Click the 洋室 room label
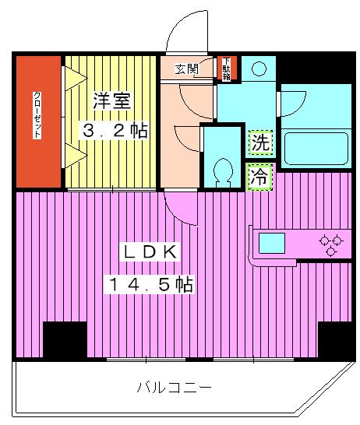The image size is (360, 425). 111,100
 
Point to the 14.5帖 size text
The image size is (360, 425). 150,285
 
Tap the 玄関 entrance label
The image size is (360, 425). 186,68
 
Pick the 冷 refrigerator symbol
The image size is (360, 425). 260,177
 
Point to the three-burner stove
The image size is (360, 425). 331,244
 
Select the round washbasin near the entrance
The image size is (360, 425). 259,68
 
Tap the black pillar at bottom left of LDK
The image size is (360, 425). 65,339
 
